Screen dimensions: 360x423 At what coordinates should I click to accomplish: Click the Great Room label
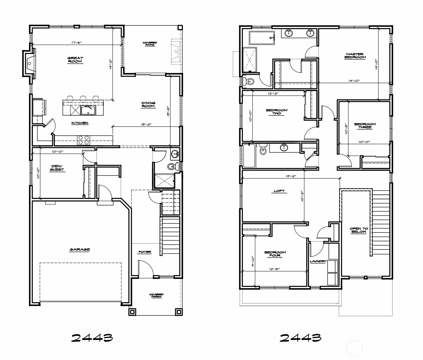[75, 60]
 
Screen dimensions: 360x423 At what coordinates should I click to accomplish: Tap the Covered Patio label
[150, 44]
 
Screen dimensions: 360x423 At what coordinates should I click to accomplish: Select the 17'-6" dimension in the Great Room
[77, 43]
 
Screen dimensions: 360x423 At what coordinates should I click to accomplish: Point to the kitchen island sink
[88, 110]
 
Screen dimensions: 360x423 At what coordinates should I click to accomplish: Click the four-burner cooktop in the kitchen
[83, 140]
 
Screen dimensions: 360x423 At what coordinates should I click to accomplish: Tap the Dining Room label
[148, 104]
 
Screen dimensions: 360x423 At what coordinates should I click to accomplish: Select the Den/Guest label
[57, 168]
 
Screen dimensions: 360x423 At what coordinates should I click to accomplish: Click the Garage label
[80, 249]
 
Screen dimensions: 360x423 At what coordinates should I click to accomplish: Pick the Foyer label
[145, 252]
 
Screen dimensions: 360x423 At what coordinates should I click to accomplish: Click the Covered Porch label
[156, 295]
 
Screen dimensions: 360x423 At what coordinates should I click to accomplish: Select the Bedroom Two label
[277, 112]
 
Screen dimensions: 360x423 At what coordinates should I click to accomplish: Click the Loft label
[279, 191]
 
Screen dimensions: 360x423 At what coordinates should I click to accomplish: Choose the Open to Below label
[359, 230]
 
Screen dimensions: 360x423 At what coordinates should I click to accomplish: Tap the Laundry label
[318, 261]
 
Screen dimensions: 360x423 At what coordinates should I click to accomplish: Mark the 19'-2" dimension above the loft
[291, 176]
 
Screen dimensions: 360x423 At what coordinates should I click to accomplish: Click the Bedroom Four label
[275, 254]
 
